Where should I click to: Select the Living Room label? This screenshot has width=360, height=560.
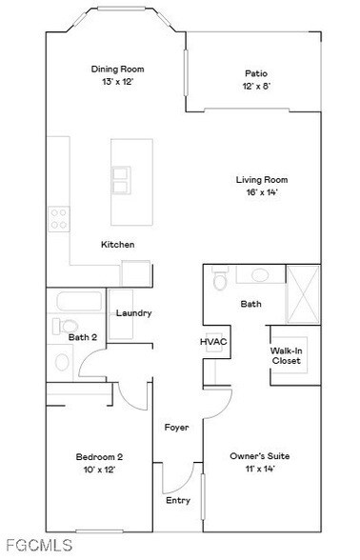point(262,179)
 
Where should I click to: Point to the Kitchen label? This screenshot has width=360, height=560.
point(118,245)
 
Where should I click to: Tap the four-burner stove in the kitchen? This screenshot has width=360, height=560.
point(58,218)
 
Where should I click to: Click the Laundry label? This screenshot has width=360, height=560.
point(134,313)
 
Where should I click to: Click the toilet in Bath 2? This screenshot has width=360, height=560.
point(62,362)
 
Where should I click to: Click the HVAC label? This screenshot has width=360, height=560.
point(210,340)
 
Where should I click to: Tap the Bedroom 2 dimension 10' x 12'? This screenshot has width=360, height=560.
point(100,470)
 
